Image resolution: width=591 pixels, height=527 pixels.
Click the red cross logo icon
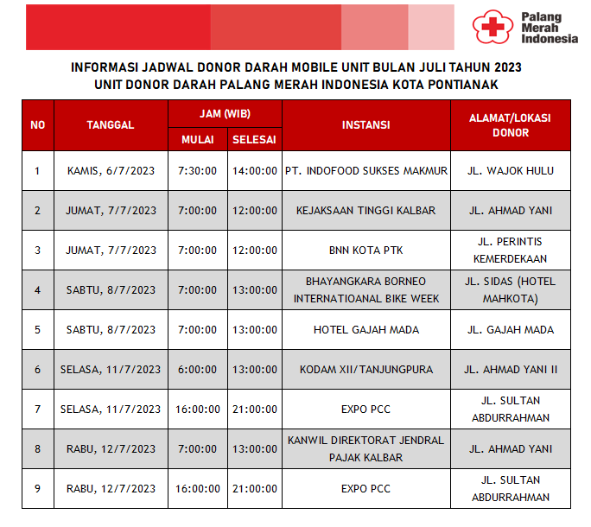[x=490, y=27]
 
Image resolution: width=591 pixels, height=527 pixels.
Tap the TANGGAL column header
[x=111, y=124]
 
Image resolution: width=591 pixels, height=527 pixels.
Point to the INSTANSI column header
[x=365, y=124]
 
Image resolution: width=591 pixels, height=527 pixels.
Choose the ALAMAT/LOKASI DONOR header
[x=510, y=124]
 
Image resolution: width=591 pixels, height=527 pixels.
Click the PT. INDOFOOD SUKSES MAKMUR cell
[x=366, y=171]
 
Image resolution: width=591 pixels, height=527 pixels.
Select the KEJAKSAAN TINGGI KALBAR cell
[x=365, y=211]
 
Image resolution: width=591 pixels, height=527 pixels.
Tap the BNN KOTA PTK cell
[x=365, y=251]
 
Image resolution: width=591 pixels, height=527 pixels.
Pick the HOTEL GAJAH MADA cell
[x=365, y=330]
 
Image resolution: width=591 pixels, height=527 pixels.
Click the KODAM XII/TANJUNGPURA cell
[x=365, y=370]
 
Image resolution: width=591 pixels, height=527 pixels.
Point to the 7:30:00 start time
[x=197, y=171]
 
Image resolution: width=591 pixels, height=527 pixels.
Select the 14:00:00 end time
[x=254, y=171]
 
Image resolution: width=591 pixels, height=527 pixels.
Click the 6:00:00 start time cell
[x=197, y=370]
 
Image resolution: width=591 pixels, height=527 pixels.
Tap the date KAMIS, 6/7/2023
[x=111, y=171]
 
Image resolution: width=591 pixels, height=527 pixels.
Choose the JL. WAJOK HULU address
[x=510, y=171]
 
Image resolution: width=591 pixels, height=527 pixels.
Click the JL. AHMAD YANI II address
[x=510, y=370]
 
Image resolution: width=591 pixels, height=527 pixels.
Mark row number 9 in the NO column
[x=37, y=489]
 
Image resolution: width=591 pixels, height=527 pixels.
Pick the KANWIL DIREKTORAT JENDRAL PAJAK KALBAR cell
[x=365, y=448]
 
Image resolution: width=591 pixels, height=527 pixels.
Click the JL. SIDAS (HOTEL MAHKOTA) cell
[x=510, y=290]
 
